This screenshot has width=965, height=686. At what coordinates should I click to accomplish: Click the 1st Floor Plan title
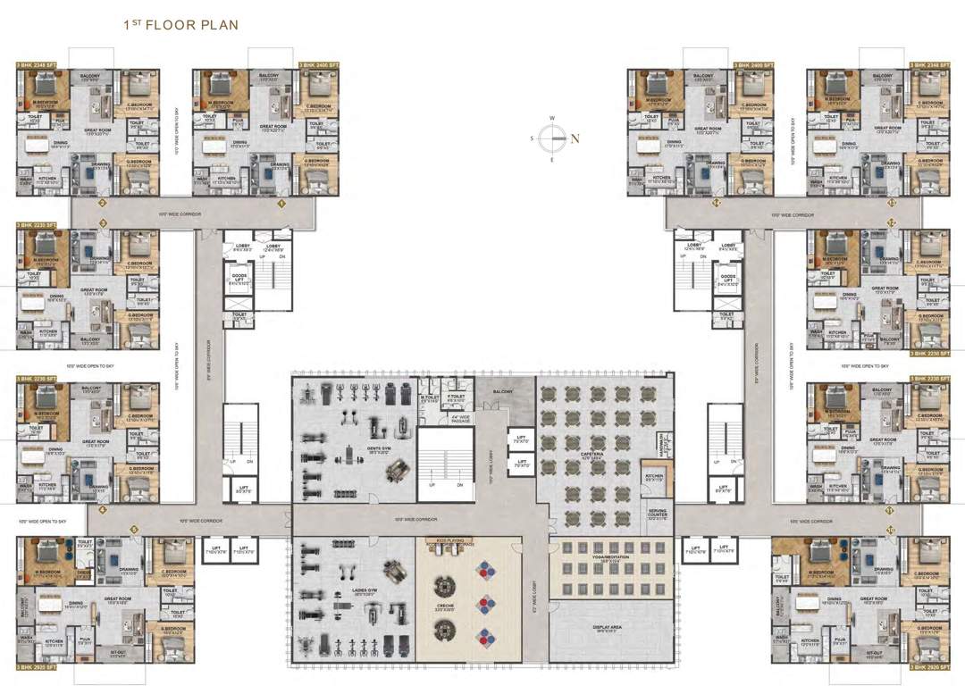[180, 25]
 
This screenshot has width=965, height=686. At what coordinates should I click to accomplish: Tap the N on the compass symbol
[575, 138]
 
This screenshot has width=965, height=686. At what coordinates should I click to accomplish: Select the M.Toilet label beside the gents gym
[431, 398]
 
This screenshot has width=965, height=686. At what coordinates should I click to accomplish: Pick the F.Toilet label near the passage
[457, 398]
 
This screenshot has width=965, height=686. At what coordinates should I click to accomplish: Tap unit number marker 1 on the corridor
[281, 204]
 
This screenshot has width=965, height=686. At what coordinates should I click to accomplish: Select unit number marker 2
[103, 204]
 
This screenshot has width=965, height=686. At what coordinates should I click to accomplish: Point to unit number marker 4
[103, 511]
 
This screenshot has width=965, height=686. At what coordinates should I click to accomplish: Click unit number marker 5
[134, 530]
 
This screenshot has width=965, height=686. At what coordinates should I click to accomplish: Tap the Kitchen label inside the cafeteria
[653, 477]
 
